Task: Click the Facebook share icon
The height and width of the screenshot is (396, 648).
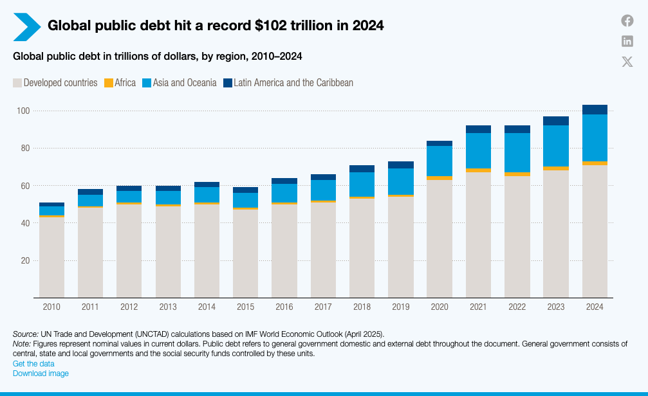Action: point(627,21)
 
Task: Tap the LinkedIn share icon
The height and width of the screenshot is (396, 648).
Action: point(627,41)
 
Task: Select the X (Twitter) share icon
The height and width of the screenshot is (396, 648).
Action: point(627,62)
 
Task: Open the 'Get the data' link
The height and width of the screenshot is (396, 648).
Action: point(33,364)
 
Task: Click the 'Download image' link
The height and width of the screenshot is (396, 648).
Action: point(41,373)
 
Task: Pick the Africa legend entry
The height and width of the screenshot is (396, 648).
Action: point(120,83)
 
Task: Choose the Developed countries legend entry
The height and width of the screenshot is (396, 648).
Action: point(55,83)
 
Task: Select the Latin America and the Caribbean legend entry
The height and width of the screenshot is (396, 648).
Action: point(288,83)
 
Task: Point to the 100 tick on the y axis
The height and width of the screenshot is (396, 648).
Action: point(23,111)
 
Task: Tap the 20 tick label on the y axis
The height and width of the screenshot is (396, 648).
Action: point(25,260)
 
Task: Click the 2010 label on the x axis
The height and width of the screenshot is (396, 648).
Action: point(51,307)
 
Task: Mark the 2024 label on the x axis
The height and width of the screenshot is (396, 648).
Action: point(595,307)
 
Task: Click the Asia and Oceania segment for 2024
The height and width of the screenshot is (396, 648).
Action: point(595,138)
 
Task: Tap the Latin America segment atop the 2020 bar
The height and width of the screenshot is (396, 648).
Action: point(440,143)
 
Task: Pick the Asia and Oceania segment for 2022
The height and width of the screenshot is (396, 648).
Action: point(517,152)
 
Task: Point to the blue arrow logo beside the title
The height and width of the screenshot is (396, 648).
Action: point(26,26)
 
